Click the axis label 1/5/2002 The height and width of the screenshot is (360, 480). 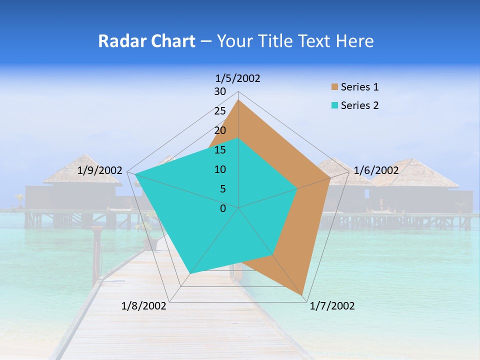[x=238, y=78]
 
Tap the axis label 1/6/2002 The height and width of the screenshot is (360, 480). [x=376, y=170]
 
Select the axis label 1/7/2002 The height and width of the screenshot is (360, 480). [x=332, y=306]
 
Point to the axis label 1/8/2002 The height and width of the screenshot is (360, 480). [x=144, y=306]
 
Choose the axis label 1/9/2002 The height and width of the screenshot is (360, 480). [x=100, y=170]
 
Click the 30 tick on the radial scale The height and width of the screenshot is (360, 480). [x=220, y=91]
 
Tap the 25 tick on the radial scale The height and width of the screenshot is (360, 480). [x=220, y=111]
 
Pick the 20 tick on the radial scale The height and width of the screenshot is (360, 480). [x=220, y=130]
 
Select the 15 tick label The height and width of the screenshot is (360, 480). [x=220, y=150]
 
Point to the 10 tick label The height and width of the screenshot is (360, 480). [x=220, y=169]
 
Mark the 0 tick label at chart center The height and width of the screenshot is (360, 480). [x=223, y=208]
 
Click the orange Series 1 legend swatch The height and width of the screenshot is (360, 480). [x=334, y=87]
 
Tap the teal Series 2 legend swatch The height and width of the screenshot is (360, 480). [x=334, y=105]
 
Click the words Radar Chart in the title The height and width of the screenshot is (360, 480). [x=146, y=41]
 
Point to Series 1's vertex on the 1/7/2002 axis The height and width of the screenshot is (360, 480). [x=302, y=295]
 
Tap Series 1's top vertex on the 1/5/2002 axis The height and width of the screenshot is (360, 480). [x=238, y=99]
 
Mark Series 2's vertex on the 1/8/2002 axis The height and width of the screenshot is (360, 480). [x=189, y=274]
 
